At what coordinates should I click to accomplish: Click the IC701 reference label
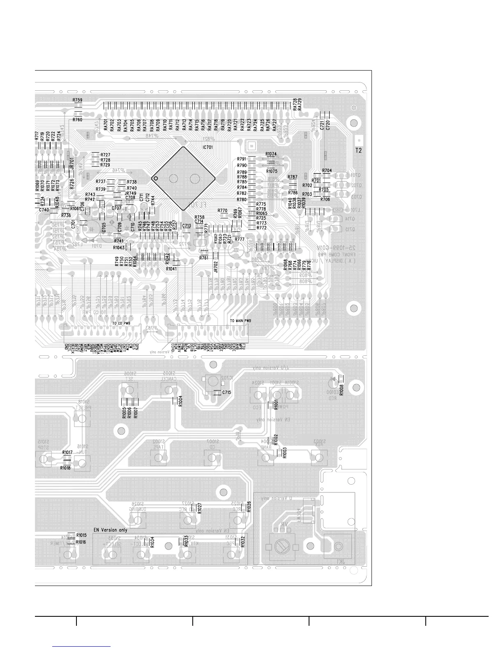coord(208,147)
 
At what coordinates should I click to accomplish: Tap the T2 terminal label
coord(359,151)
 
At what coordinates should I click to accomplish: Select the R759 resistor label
coord(77,100)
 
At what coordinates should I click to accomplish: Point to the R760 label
coord(77,120)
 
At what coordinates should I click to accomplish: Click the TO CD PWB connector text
coord(122,323)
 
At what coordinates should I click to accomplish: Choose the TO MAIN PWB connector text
coord(240,320)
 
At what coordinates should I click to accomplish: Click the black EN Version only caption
coord(111,530)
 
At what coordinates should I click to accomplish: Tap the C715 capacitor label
coord(226,393)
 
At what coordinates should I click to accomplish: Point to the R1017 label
coord(67,452)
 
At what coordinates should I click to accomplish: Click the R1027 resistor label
coord(200,508)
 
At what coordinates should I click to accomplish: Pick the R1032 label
coord(243,542)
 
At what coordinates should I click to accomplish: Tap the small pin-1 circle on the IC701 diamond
coord(155,178)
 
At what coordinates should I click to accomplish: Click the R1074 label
coord(271,154)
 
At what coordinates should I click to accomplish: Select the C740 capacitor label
coord(44,210)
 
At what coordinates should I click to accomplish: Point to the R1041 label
coord(172,269)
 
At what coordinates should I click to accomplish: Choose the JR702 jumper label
coord(216,267)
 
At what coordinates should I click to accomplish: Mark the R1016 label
coord(81,542)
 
